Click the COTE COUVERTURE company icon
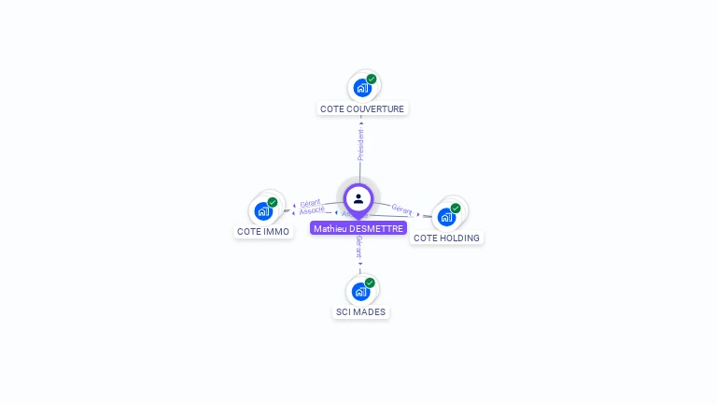pos(361,88)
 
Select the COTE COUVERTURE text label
pos(362,109)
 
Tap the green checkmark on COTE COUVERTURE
pos(372,79)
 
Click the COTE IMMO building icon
pos(262,211)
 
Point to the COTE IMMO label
pos(263,232)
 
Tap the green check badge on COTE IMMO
pos(273,202)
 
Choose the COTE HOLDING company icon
pos(446,217)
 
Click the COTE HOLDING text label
pos(446,238)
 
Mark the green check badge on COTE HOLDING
pos(456,209)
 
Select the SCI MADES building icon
pos(360,291)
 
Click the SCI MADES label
pos(360,312)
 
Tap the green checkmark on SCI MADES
pos(370,282)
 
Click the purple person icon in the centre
pos(358,198)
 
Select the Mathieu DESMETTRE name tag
pos(358,228)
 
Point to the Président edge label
pos(360,144)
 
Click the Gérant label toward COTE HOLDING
pos(402,209)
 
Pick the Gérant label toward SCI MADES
pos(359,247)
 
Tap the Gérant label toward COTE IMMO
pos(311,202)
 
